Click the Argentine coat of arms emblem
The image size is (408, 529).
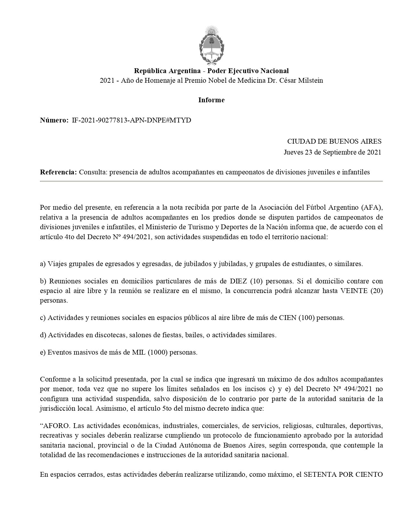pyautogui.click(x=211, y=45)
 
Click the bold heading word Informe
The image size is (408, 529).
pyautogui.click(x=211, y=100)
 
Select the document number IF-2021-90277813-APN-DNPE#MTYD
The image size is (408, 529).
pyautogui.click(x=132, y=120)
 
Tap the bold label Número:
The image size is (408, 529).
pyautogui.click(x=54, y=120)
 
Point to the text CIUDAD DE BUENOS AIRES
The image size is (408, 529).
pyautogui.click(x=334, y=141)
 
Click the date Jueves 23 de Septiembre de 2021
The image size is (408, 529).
pyautogui.click(x=332, y=152)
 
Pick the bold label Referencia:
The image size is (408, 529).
pyautogui.click(x=58, y=172)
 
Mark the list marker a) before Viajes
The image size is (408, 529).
pyautogui.click(x=43, y=264)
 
